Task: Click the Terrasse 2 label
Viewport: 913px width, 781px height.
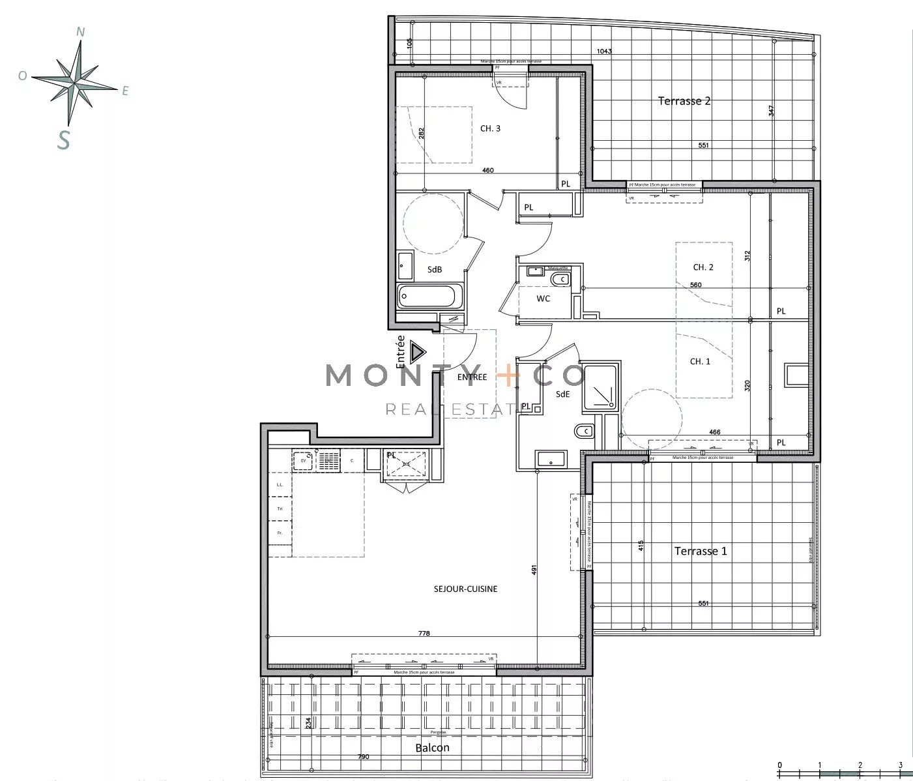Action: [x=684, y=101]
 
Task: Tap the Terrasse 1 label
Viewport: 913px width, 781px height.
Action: [x=701, y=551]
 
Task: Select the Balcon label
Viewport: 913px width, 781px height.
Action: [x=432, y=748]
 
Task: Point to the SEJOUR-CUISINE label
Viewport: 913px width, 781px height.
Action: [x=465, y=589]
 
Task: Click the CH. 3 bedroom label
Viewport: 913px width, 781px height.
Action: [x=490, y=128]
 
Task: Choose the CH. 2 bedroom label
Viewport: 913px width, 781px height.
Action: [x=703, y=267]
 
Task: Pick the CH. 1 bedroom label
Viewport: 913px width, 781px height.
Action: [x=700, y=361]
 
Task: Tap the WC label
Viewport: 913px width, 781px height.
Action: [x=543, y=299]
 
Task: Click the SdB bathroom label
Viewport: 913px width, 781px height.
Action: [x=435, y=269]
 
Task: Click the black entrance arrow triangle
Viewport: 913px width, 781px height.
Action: [x=417, y=353]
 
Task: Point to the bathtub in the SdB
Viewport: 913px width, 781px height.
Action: [x=430, y=297]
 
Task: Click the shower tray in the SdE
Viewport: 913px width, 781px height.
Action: [x=599, y=387]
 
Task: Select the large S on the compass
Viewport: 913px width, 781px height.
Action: [x=63, y=139]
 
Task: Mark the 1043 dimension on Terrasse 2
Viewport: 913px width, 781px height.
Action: [x=604, y=52]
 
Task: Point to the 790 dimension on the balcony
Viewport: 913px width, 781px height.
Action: [x=363, y=757]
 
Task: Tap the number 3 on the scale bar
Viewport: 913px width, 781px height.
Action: [x=900, y=765]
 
